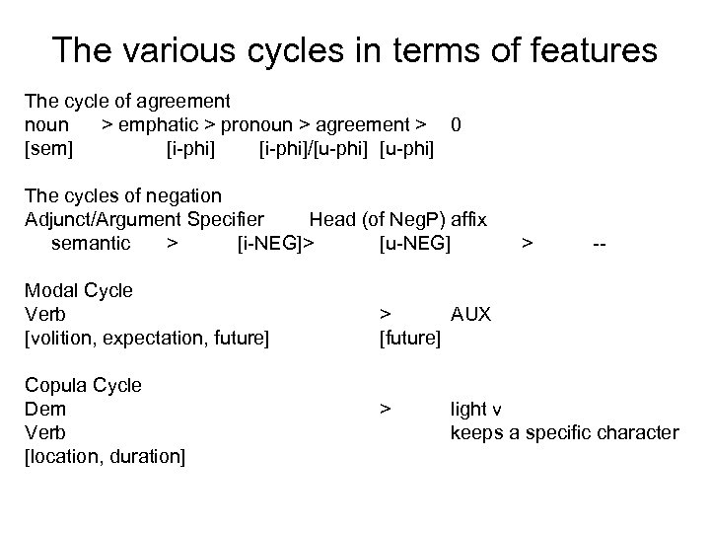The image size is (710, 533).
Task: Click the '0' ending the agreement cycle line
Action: [x=455, y=125]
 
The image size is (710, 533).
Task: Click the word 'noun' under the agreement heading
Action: [x=46, y=125]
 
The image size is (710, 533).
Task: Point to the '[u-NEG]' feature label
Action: [x=414, y=243]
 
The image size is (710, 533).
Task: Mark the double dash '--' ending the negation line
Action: [x=599, y=243]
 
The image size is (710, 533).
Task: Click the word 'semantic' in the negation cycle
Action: [x=90, y=243]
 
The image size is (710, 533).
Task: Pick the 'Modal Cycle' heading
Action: [x=79, y=290]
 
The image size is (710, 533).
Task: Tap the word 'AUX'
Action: [x=470, y=315]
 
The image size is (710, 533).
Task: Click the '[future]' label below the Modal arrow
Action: [x=410, y=339]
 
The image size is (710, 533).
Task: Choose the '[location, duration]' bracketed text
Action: [x=104, y=456]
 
